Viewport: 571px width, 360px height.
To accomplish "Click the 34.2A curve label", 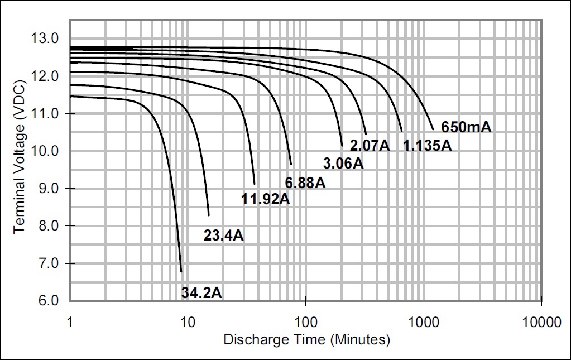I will (201, 292).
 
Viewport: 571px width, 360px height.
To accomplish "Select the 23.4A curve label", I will (223, 236).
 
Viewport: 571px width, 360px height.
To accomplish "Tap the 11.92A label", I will (266, 199).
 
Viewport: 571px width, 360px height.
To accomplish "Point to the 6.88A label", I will (305, 183).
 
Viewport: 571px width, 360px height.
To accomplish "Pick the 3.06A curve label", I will (343, 164).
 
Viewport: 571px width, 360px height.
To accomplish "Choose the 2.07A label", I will (369, 146).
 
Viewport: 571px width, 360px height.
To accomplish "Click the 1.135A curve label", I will (428, 146).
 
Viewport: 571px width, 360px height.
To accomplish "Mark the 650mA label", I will (466, 127).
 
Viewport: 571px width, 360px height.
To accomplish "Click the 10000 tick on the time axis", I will (541, 322).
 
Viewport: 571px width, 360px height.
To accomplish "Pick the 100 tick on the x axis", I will (305, 322).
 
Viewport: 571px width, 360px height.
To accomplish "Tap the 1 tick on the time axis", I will (70, 322).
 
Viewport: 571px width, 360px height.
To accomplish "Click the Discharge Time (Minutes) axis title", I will (306, 339).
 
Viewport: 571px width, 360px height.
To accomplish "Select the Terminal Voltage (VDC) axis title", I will (19, 170).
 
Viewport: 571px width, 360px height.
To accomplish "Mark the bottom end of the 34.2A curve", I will (181, 272).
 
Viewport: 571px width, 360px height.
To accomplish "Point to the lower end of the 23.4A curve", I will (209, 215).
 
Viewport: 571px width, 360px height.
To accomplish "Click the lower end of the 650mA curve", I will (433, 129).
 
